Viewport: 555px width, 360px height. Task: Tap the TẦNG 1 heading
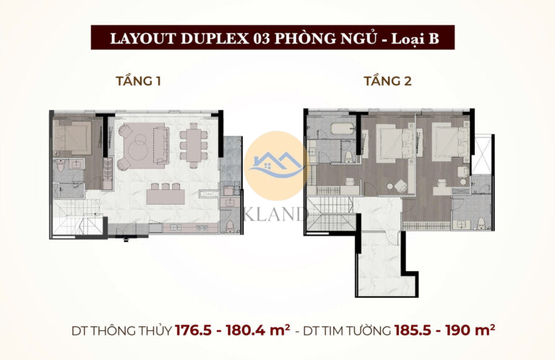(138, 81)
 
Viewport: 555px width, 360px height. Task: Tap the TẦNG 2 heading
(387, 81)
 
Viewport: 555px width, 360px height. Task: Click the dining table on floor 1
(192, 142)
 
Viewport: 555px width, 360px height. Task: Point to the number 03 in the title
(254, 38)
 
